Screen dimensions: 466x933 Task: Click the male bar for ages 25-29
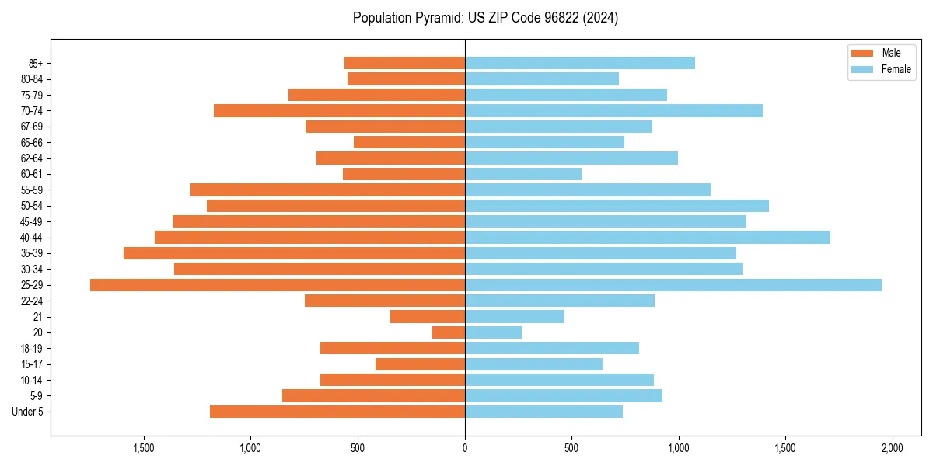tap(278, 285)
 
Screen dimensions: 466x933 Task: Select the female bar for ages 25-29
tap(673, 285)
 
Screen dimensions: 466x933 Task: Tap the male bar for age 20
tap(449, 332)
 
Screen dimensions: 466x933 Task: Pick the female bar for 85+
tap(580, 63)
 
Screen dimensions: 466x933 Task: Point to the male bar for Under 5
tap(337, 412)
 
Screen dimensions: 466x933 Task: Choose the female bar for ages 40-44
tap(648, 238)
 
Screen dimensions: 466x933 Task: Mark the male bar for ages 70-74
tap(339, 111)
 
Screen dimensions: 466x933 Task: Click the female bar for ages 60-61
tap(523, 174)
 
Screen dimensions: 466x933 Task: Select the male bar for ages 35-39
tap(294, 253)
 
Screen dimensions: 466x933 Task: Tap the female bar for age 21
tap(515, 317)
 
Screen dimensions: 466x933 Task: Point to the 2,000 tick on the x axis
tap(892, 449)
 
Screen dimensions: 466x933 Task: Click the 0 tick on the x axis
tap(465, 449)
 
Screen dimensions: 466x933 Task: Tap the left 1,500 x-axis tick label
tap(144, 449)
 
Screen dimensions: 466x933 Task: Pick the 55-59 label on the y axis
tap(32, 190)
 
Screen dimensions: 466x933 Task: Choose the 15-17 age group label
tap(32, 364)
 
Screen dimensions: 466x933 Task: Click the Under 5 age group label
tap(28, 412)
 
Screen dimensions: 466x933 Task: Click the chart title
tap(485, 18)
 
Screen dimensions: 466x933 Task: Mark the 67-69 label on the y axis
tap(32, 127)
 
